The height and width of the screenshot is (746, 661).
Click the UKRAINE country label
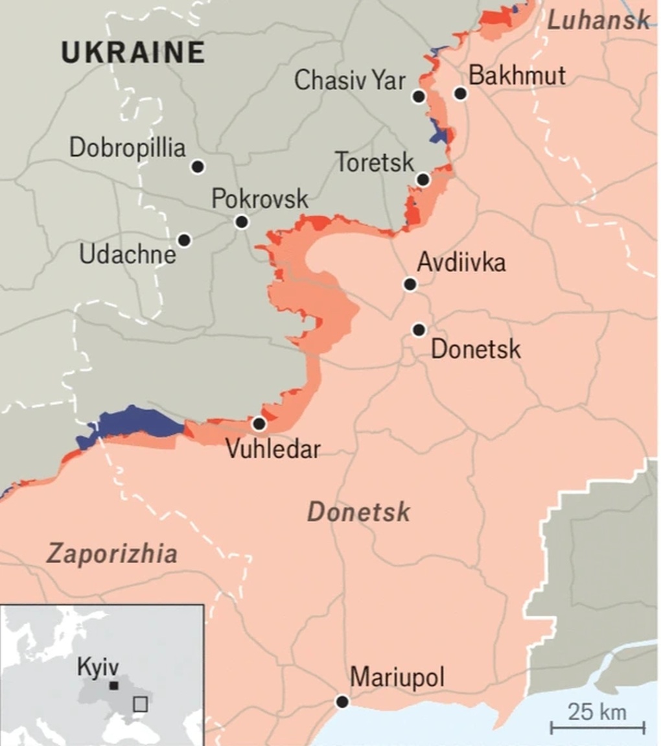(133, 52)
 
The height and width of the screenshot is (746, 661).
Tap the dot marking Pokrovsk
(242, 222)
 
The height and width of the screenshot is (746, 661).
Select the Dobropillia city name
(128, 148)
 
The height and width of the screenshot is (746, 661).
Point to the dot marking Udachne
(184, 240)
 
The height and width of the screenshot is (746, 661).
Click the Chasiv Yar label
(350, 81)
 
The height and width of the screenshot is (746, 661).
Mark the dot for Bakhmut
(460, 94)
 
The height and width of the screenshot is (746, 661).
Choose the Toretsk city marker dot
(423, 180)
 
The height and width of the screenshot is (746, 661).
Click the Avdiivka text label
(461, 262)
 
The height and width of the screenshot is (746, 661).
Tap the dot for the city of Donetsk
(419, 330)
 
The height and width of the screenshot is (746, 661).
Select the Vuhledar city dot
(259, 424)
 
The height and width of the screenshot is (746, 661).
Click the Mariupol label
(397, 679)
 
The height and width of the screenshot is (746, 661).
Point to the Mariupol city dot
(342, 702)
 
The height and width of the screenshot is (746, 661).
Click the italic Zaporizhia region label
(111, 554)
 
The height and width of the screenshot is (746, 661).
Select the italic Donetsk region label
(358, 512)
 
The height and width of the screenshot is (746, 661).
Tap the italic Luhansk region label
(598, 20)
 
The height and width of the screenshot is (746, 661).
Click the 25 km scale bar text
(597, 712)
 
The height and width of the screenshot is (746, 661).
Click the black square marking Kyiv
(113, 686)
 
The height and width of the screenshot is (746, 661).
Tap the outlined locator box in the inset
(140, 704)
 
